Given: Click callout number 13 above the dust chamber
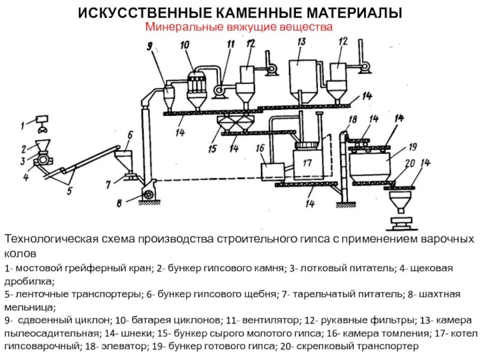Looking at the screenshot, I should pyautogui.click(x=301, y=41).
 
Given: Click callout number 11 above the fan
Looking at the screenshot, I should pyautogui.click(x=230, y=44).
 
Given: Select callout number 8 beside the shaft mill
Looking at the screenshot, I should pyautogui.click(x=119, y=203).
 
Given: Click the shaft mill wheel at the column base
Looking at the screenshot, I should pyautogui.click(x=147, y=193).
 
